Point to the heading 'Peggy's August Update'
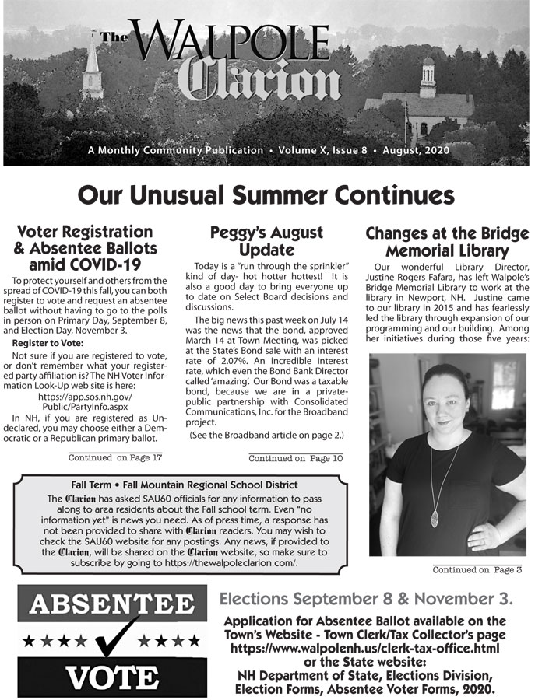(266, 241)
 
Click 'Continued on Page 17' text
(115, 457)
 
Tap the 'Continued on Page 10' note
(295, 458)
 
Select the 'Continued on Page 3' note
(477, 570)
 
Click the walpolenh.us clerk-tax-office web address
(365, 647)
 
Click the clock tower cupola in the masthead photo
(428, 74)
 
